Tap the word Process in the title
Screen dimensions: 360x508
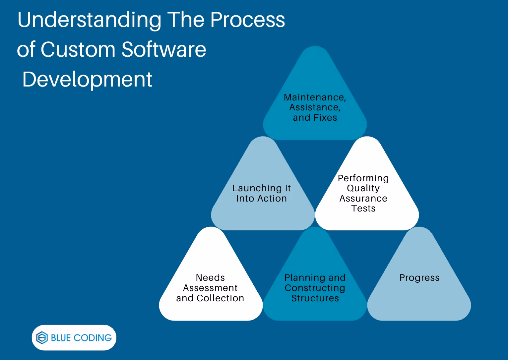[247, 20]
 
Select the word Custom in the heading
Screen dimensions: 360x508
[78, 50]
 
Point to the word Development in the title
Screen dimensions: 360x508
[87, 80]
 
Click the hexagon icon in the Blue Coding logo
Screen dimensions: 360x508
[42, 338]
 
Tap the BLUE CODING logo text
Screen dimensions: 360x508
[81, 338]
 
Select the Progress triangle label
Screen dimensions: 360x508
[419, 278]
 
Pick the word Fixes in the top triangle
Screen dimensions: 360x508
[325, 118]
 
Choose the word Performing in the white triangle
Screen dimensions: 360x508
[363, 178]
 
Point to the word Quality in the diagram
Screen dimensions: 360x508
[363, 188]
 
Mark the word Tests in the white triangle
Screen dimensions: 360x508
[363, 209]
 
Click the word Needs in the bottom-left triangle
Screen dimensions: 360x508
[210, 278]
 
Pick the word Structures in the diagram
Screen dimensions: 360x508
[315, 298]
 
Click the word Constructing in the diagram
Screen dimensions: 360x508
[315, 288]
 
